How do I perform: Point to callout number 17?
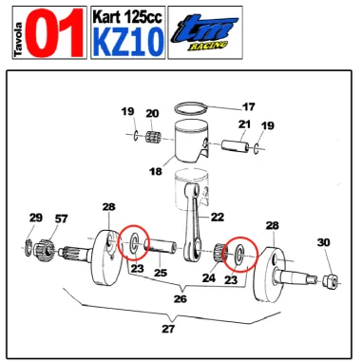pyautogui.click(x=248, y=106)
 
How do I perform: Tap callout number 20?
pyautogui.click(x=152, y=114)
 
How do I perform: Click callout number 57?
pyautogui.click(x=62, y=219)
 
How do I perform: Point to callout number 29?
pyautogui.click(x=35, y=219)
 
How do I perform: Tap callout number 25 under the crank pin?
pyautogui.click(x=161, y=274)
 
